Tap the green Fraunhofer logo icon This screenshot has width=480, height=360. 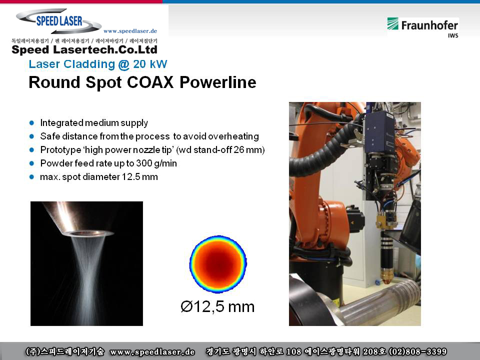pyautogui.click(x=393, y=23)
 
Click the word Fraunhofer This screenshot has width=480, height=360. pyautogui.click(x=429, y=25)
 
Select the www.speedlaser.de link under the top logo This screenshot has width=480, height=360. pyautogui.click(x=130, y=31)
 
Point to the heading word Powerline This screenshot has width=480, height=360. pyautogui.click(x=217, y=82)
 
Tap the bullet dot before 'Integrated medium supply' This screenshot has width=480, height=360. pyautogui.click(x=31, y=123)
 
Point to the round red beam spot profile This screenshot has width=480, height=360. pyautogui.click(x=218, y=264)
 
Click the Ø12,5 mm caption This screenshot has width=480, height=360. pyautogui.click(x=217, y=306)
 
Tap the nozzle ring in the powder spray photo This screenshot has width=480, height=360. pyautogui.click(x=88, y=234)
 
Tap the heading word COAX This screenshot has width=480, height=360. pyautogui.click(x=150, y=82)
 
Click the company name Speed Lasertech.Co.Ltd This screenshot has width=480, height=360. pyautogui.click(x=84, y=49)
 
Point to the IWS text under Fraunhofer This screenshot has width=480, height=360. pyautogui.click(x=453, y=35)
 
